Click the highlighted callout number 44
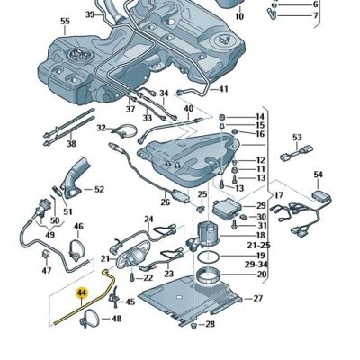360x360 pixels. pyautogui.click(x=82, y=292)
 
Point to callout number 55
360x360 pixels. pyautogui.click(x=64, y=21)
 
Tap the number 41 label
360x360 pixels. pyautogui.click(x=223, y=89)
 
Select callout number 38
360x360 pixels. pyautogui.click(x=71, y=143)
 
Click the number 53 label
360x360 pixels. pyautogui.click(x=297, y=138)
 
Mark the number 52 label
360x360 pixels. pyautogui.click(x=99, y=189)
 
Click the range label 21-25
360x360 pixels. pyautogui.click(x=257, y=245)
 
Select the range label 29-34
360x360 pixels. pyautogui.click(x=257, y=265)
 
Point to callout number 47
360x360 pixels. pyautogui.click(x=46, y=270)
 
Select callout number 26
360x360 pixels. pyautogui.click(x=166, y=202)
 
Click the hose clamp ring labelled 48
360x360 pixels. pyautogui.click(x=91, y=318)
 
